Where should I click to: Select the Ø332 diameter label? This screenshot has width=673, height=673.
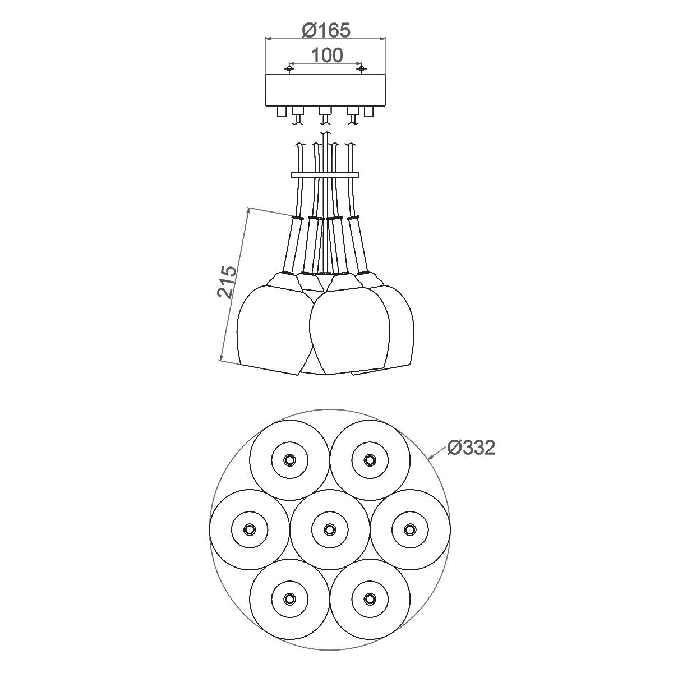tap(471, 448)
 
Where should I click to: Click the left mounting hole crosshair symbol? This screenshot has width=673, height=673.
tap(289, 68)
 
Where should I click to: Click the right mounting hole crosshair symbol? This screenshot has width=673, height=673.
tap(362, 68)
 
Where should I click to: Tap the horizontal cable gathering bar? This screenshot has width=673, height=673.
tap(325, 175)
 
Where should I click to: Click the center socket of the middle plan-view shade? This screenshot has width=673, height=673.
tap(329, 529)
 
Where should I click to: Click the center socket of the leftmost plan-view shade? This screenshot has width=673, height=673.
tap(249, 529)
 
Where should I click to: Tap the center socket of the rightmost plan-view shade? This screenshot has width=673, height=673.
tap(409, 529)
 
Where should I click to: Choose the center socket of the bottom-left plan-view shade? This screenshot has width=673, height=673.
tap(289, 598)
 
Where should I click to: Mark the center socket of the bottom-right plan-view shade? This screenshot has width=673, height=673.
tap(369, 598)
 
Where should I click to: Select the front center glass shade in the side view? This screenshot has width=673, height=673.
tap(348, 328)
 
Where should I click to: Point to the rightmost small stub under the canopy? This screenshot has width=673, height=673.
tap(369, 112)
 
